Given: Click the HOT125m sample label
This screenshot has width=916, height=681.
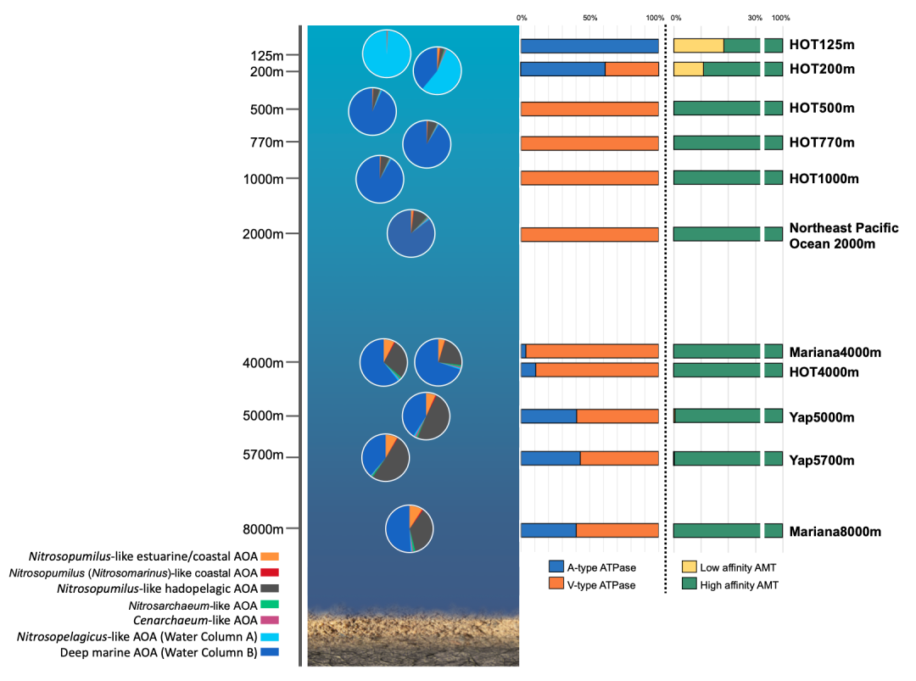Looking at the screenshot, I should point(820,46).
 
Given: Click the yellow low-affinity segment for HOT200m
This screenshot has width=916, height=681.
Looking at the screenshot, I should point(689,70).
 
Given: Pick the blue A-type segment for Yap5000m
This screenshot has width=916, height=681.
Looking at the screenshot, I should point(549,416).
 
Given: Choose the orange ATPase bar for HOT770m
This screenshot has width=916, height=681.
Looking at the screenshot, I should point(589,142).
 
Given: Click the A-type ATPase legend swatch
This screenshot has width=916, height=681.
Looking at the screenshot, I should point(556,567).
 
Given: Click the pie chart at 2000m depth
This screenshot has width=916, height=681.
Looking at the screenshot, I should point(411,232).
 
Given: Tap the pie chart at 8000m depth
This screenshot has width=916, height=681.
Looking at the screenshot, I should point(410,528).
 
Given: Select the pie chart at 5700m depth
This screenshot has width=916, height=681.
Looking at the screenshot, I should point(386,458).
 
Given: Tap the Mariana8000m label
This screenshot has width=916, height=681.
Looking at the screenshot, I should point(835,532).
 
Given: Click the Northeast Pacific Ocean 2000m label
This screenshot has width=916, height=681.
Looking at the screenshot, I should point(831,236).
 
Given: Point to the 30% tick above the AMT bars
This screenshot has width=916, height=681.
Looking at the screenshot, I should point(755,18).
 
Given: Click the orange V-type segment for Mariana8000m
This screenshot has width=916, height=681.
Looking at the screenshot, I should point(617,530).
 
